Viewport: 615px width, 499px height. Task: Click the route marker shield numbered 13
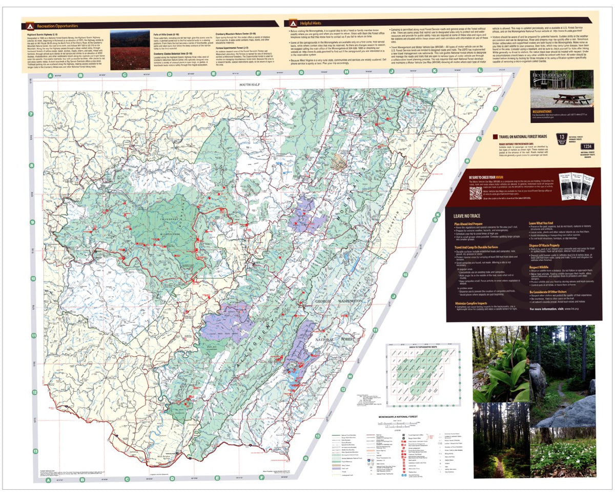tap(561, 137)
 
